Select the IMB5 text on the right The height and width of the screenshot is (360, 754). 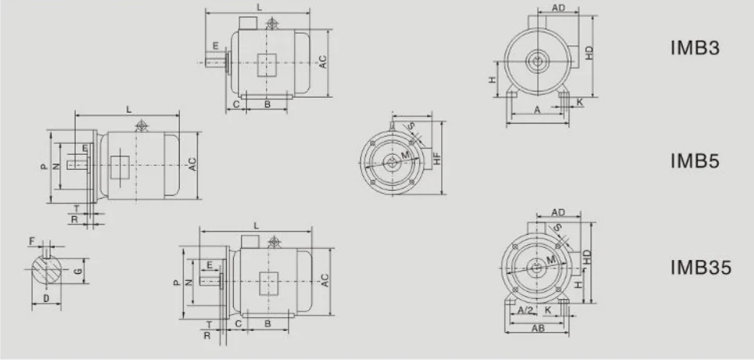tap(695, 161)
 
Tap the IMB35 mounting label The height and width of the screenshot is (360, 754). tap(701, 268)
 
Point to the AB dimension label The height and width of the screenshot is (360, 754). tap(538, 329)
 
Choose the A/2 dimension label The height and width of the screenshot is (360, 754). tap(526, 310)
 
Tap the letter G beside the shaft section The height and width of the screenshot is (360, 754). tap(77, 271)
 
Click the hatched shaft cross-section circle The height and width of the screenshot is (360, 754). tap(48, 270)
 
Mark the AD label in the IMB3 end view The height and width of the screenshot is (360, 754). tap(558, 8)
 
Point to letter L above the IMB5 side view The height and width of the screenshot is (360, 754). tap(128, 109)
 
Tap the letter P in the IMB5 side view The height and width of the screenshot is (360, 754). tap(43, 167)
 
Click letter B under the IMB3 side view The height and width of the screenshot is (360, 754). tap(267, 104)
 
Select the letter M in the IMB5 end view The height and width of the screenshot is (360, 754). tap(404, 157)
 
